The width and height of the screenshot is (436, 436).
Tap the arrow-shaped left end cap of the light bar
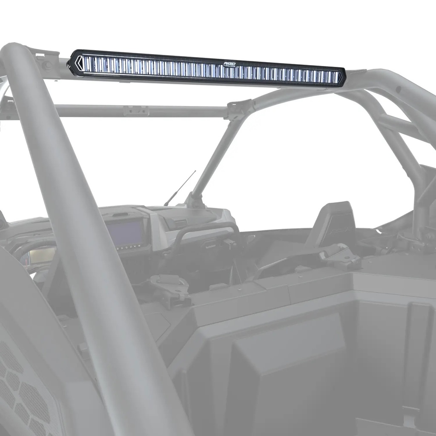(x=77, y=64)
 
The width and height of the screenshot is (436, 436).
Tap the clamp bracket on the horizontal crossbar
(x=136, y=111)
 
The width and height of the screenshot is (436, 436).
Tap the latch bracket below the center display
(x=170, y=285)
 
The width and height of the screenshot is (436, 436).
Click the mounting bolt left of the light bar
(x=47, y=66)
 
